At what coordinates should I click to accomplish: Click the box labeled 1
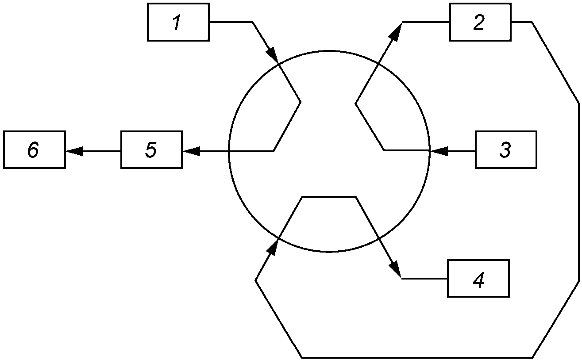pos(178,22)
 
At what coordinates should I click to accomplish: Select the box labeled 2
pos(480,22)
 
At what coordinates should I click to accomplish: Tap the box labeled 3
pos(506,150)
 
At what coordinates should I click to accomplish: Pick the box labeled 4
pos(478,279)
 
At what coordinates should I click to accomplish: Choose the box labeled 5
pos(151,150)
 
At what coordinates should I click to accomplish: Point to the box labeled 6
pos(34,150)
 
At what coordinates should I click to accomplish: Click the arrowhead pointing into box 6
pos(73,151)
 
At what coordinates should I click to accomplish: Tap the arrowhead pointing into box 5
pos(190,151)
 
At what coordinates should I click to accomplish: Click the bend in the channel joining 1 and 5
pos(301,102)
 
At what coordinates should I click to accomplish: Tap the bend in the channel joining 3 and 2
pos(355,104)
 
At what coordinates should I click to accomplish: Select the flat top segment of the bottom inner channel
pos(328,196)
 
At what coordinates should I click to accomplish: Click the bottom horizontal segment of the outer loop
pos(416,357)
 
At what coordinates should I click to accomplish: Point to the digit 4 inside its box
pos(478,280)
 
